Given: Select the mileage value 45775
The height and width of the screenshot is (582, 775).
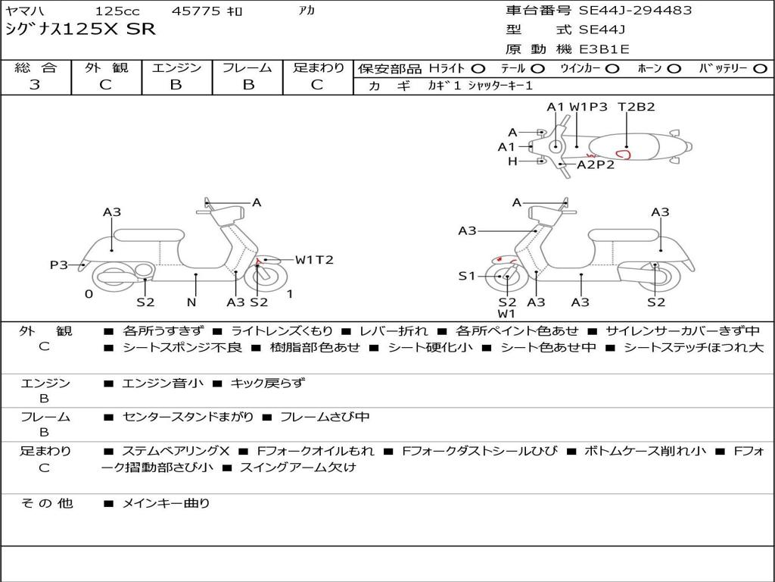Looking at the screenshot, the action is click(x=196, y=11).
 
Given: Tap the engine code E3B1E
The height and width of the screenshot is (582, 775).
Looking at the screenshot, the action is click(x=605, y=49).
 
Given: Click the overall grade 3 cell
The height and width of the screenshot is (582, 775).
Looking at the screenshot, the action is click(x=35, y=85).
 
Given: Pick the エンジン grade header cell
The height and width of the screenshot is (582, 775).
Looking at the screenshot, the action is click(x=176, y=68).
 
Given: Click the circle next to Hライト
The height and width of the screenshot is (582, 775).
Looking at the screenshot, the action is click(x=478, y=68).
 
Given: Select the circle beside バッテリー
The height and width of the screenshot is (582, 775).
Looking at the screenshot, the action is click(x=760, y=68).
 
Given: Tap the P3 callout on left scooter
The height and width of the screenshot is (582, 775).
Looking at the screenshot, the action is click(x=59, y=264).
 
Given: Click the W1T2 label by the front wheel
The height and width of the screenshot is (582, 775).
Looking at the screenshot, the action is click(x=314, y=260).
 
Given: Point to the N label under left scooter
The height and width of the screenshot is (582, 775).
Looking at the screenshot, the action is click(x=191, y=302).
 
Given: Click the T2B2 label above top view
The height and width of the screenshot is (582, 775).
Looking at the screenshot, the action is click(x=636, y=107).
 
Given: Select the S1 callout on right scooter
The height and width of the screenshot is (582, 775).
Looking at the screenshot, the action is click(x=467, y=276).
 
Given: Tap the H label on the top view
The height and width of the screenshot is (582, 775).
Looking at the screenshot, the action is click(x=512, y=161).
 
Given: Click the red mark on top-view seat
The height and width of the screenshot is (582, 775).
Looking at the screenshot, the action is click(x=624, y=155).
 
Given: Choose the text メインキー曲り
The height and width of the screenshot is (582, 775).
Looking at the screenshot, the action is click(x=166, y=502).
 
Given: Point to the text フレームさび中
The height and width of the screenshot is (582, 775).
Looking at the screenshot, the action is click(x=325, y=417).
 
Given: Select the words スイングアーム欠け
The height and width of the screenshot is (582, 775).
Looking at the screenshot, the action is click(x=297, y=468).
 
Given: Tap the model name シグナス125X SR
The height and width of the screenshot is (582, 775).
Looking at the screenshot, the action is click(x=80, y=30).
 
